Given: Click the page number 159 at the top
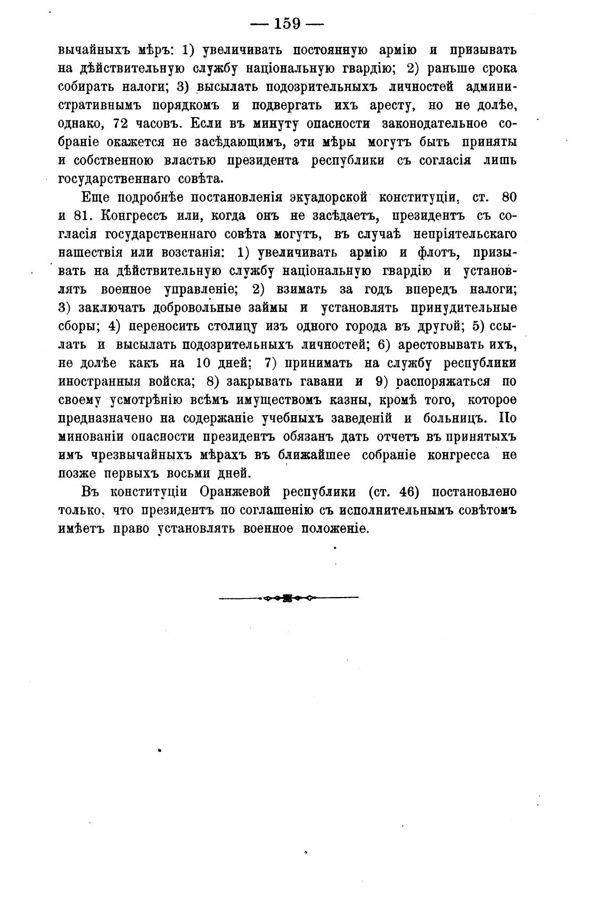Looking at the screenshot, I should point(288,24).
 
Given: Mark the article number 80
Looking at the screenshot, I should point(508,197).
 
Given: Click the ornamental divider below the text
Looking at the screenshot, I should point(289,598).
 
